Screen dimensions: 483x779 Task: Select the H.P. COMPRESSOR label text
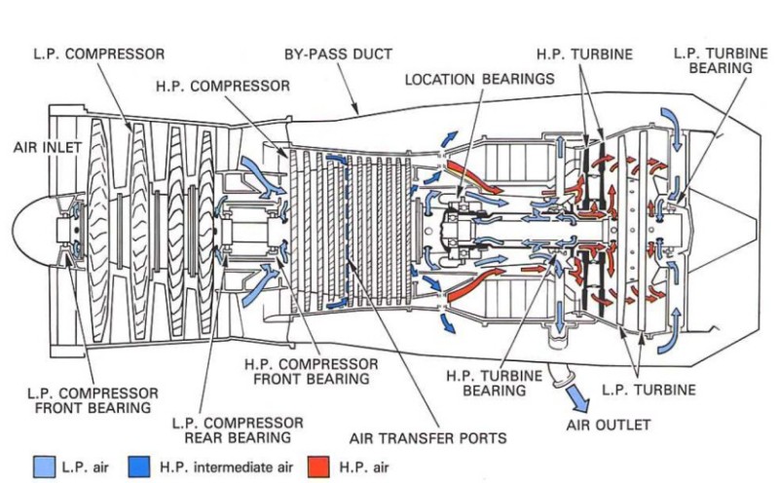[222, 86]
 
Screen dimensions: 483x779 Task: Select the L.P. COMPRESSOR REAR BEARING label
[238, 430]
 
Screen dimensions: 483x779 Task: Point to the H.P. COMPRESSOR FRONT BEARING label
[311, 370]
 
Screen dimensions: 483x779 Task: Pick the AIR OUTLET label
[608, 426]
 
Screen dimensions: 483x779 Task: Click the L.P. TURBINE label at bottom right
[649, 390]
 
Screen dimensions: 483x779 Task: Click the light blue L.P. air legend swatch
[42, 466]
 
